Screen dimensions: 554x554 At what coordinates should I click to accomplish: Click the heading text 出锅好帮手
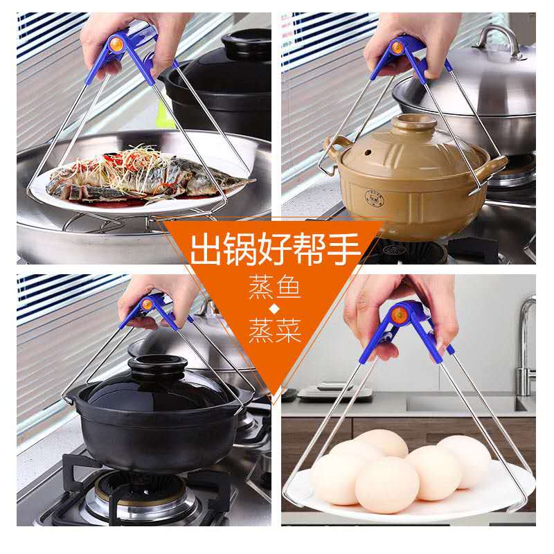click(x=275, y=249)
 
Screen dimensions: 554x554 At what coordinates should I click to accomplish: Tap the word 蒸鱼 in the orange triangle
click(x=274, y=287)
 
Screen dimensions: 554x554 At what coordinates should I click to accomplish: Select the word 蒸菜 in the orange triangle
click(x=275, y=330)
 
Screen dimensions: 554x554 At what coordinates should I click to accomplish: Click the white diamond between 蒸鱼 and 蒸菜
click(x=274, y=308)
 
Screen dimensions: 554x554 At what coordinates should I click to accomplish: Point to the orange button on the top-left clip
click(x=116, y=44)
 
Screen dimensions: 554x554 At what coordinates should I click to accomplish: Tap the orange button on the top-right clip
click(x=397, y=47)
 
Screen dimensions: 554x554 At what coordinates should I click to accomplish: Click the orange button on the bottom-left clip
click(x=147, y=304)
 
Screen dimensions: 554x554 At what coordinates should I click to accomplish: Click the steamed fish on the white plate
click(x=148, y=177)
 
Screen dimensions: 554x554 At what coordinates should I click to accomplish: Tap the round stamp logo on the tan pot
click(x=374, y=197)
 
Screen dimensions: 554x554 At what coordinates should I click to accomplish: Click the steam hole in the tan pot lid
click(x=368, y=153)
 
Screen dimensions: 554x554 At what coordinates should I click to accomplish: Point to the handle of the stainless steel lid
click(x=497, y=39)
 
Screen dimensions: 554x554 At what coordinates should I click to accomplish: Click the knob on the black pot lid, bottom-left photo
click(x=157, y=366)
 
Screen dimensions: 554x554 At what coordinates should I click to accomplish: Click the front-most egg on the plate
click(x=387, y=484)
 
